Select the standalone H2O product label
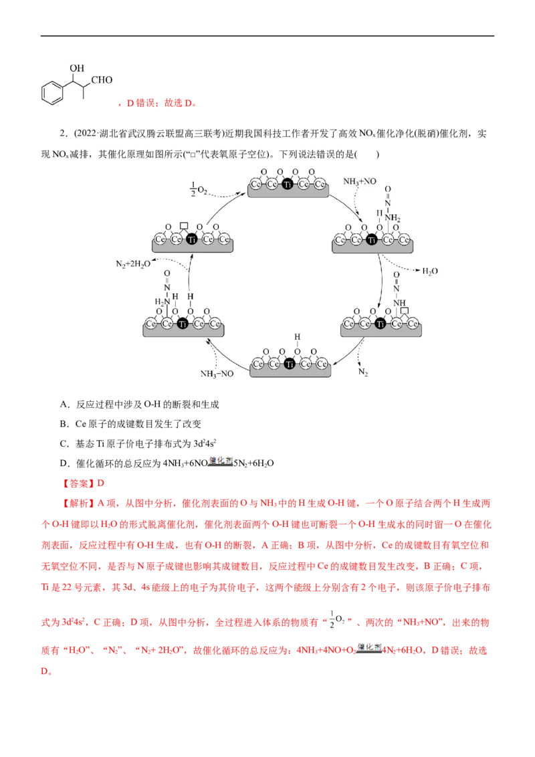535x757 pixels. [x=431, y=271]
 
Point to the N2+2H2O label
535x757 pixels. [x=132, y=263]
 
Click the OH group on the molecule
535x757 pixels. [x=77, y=68]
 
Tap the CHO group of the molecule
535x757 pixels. [x=104, y=82]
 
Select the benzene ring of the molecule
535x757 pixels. [x=51, y=93]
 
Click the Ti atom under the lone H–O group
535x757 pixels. [x=289, y=364]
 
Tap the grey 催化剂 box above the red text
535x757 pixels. [x=219, y=461]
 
